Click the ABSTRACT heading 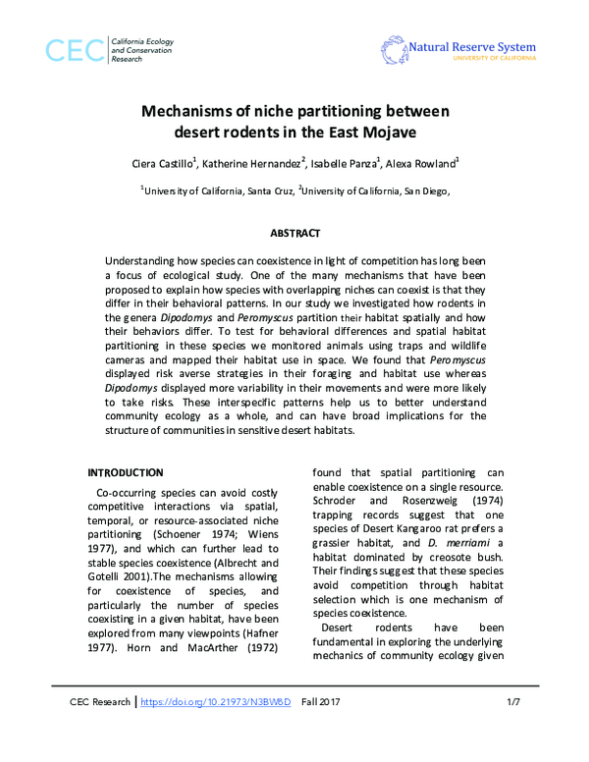coord(294,234)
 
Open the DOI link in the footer coord(217,731)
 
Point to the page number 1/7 coord(512,731)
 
